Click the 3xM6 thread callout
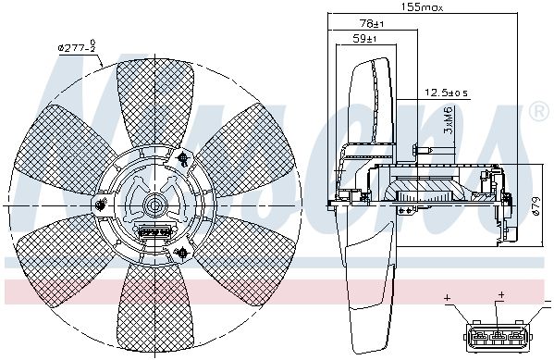click(448, 119)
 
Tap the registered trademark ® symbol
click(538, 112)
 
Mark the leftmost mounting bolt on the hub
click(98, 203)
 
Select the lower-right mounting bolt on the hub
click(181, 249)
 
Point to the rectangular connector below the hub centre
click(151, 229)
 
